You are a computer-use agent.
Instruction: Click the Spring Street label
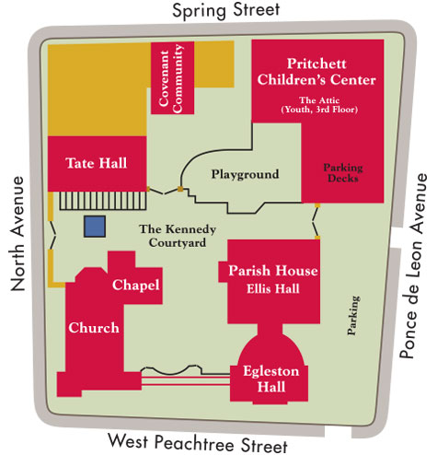coord(219,13)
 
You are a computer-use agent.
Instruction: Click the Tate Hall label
coord(96,163)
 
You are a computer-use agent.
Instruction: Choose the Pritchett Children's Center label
coord(331,72)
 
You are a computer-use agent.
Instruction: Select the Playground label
coord(245,174)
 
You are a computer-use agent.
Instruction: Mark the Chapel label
coord(137,286)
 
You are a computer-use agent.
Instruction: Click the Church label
coord(93,328)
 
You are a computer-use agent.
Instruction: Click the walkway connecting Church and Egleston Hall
coord(184,377)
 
